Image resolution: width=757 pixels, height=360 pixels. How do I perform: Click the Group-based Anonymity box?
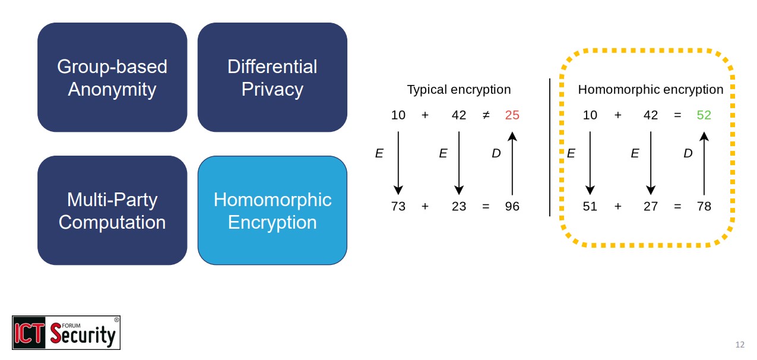click(x=112, y=77)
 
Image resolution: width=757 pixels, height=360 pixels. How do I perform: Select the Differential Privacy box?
click(x=272, y=77)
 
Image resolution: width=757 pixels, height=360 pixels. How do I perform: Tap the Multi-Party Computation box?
click(x=112, y=210)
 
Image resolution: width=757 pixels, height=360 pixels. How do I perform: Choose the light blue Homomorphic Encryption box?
click(x=272, y=210)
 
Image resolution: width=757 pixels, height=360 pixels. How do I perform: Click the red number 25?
click(x=512, y=115)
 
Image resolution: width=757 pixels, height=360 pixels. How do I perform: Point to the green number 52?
click(x=704, y=115)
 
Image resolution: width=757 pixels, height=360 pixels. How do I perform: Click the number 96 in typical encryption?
click(x=512, y=207)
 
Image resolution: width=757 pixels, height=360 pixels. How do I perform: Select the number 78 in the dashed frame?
click(x=704, y=207)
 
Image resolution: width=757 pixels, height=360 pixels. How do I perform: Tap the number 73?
click(x=398, y=207)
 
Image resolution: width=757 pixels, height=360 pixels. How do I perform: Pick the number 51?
click(x=590, y=207)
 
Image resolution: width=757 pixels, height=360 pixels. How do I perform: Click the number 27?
click(x=651, y=207)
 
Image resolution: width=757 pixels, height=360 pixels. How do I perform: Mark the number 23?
click(x=459, y=207)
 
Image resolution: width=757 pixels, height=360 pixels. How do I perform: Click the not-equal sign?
click(x=486, y=115)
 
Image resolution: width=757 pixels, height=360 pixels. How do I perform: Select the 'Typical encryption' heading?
click(x=458, y=90)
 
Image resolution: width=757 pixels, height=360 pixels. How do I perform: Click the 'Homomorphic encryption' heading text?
click(x=650, y=90)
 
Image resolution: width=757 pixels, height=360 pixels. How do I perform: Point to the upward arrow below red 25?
click(x=512, y=163)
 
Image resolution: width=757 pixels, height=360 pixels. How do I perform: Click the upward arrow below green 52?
click(x=704, y=163)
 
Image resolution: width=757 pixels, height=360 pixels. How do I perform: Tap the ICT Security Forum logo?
click(x=66, y=333)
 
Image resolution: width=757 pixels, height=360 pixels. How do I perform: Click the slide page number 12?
click(x=739, y=345)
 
